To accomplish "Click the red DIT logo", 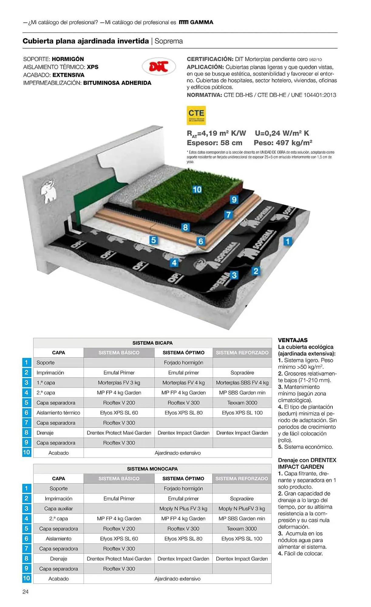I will (x=158, y=66).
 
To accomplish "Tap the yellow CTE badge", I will (x=196, y=115).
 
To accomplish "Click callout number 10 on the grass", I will (x=197, y=190).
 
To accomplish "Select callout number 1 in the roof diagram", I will (x=288, y=241).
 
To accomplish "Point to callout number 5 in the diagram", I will (x=154, y=240).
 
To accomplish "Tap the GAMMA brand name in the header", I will (x=202, y=22).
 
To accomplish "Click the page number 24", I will (x=26, y=592).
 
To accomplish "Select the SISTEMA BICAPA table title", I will (x=152, y=343).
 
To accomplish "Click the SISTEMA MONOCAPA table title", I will (x=152, y=469).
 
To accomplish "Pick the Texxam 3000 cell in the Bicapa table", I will (x=242, y=403).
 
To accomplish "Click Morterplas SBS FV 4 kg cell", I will (x=242, y=383).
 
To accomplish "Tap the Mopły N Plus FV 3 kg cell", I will (x=183, y=509).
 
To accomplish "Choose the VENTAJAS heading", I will (x=293, y=340).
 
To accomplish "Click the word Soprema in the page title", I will (x=168, y=41).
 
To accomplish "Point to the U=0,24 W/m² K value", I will (x=282, y=133).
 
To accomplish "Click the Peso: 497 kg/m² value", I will (x=283, y=143).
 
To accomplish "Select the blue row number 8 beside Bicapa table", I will (x=26, y=432).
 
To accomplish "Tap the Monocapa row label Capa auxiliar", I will (x=59, y=509).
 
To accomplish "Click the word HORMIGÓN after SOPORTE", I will (x=68, y=59).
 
